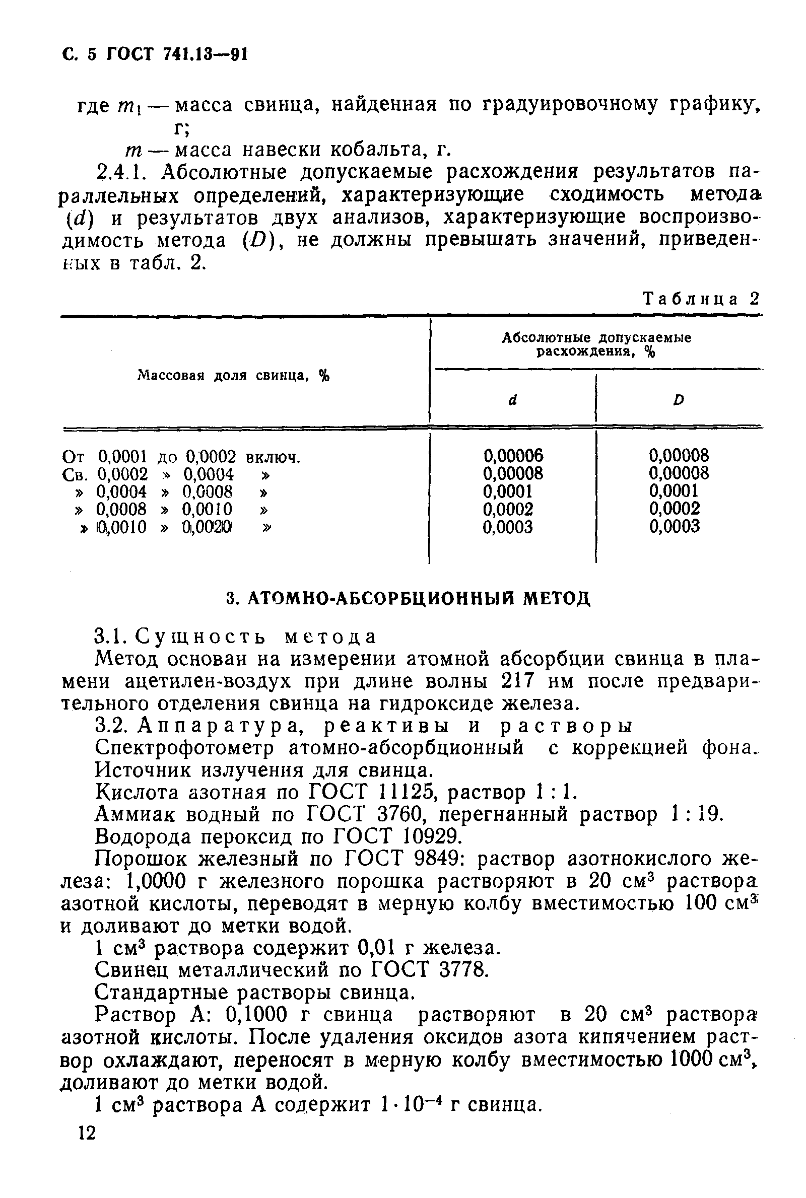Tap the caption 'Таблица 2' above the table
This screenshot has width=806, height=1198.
click(x=701, y=299)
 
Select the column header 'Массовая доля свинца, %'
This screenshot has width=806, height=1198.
click(x=234, y=376)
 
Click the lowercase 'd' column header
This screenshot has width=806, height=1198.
click(x=512, y=400)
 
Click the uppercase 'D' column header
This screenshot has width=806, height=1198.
click(x=679, y=400)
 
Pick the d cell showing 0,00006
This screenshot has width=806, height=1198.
click(x=513, y=456)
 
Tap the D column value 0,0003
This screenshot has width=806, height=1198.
click(x=675, y=527)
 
